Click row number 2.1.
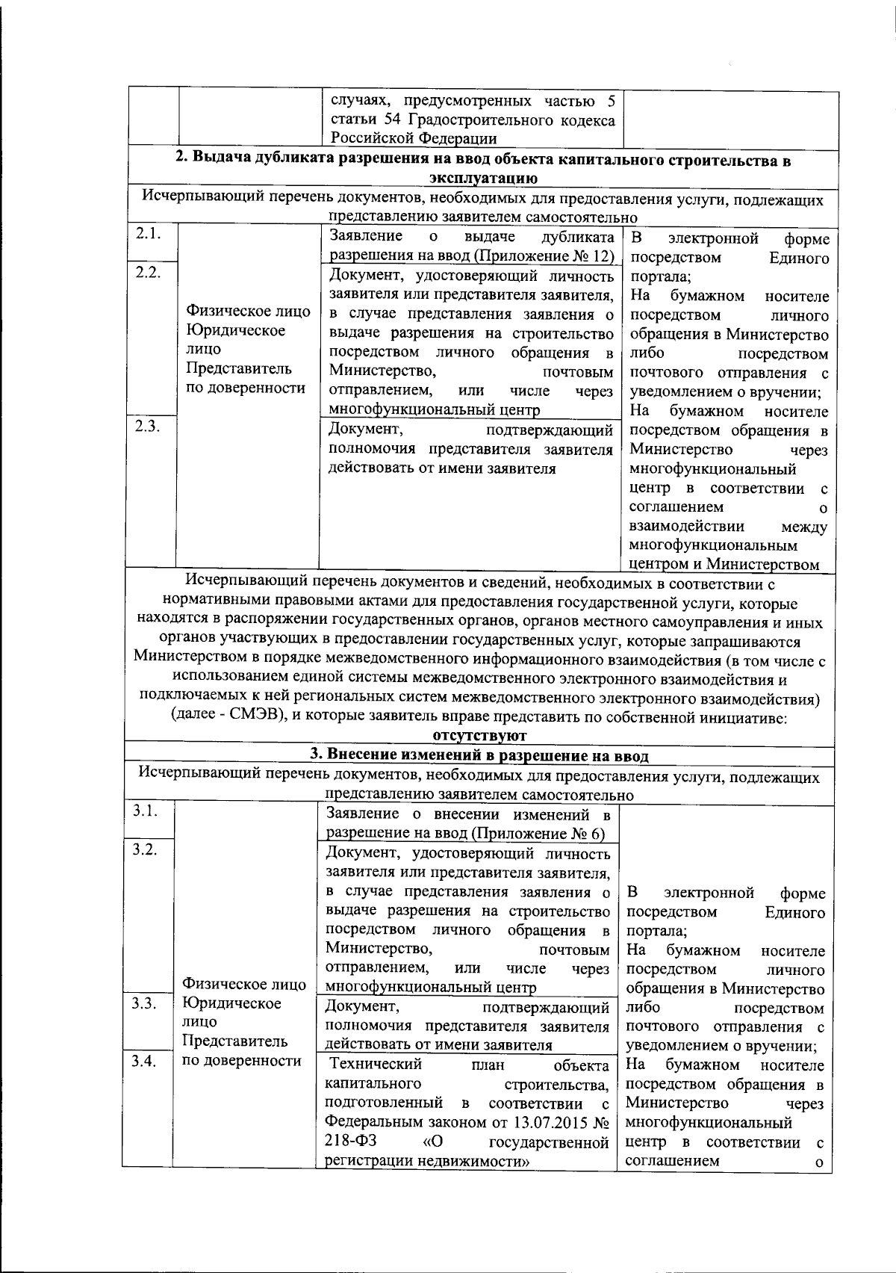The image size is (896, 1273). coord(149,233)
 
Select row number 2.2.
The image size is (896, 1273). coord(149,272)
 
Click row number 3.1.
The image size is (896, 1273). coord(146,812)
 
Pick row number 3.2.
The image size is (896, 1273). coord(146,850)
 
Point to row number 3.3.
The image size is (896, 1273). coord(146,1003)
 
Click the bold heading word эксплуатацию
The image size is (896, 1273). coord(483,178)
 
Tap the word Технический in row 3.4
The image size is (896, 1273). coord(376,1064)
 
